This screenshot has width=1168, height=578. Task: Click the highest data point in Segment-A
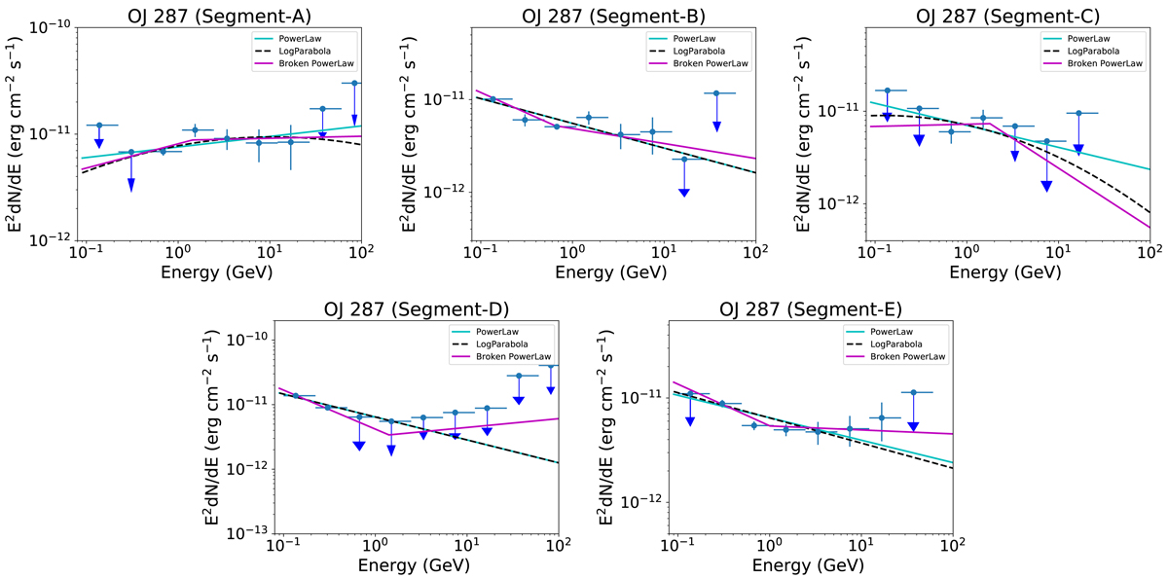(355, 84)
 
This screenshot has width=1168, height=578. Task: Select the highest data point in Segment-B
(716, 93)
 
